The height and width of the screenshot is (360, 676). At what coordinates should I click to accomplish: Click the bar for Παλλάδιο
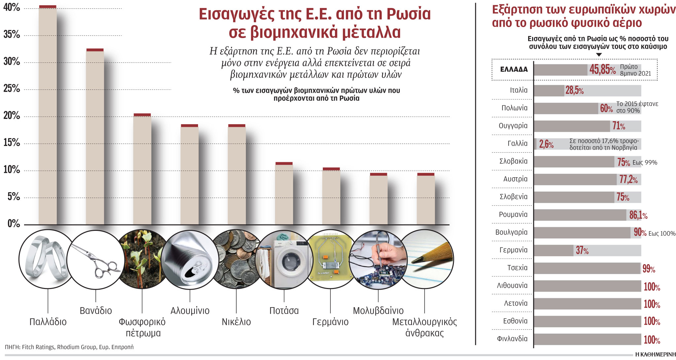[x=48, y=116]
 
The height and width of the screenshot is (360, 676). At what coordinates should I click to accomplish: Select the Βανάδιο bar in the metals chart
[x=95, y=137]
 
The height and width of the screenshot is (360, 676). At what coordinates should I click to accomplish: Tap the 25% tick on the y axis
[x=12, y=89]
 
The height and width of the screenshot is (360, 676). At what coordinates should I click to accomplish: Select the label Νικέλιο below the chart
[x=236, y=322]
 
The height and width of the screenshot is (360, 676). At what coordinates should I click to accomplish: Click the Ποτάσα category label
[x=284, y=311]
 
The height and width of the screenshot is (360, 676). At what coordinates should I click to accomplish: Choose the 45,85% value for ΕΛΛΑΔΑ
[x=602, y=70]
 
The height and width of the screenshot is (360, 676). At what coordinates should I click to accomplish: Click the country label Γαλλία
[x=517, y=143]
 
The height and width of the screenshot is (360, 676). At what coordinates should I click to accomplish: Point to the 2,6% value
[x=546, y=144]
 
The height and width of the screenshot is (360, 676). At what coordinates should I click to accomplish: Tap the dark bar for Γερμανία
[x=554, y=250]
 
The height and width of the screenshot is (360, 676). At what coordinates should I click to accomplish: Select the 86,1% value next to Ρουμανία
[x=638, y=215]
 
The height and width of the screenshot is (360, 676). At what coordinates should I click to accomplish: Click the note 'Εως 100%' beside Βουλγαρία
[x=662, y=234]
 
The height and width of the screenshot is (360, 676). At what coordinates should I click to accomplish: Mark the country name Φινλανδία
[x=512, y=339]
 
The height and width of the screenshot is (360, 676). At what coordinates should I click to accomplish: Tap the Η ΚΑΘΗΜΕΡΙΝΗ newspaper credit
[x=655, y=354]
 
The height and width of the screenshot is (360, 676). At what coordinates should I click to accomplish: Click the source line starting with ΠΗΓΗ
[x=69, y=347]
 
